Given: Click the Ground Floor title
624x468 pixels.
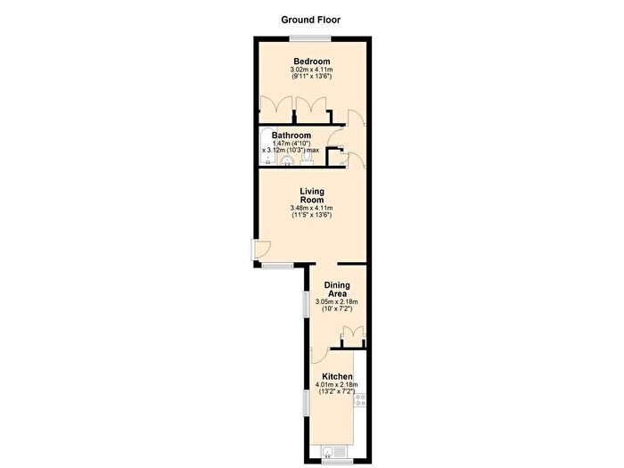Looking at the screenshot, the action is point(311,20).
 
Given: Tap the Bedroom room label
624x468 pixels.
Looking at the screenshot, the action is point(312,62).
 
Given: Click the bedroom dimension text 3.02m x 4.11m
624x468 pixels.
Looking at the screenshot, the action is point(312,70).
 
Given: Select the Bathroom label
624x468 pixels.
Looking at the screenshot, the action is point(291,135).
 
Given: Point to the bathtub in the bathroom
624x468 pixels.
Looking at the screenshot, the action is point(267,147).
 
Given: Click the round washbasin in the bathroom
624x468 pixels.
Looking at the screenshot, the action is point(287,160).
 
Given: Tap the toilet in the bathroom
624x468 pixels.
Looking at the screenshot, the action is point(307,159).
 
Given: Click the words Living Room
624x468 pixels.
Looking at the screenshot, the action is point(312,195).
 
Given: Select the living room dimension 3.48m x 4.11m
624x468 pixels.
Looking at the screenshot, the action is point(312,208).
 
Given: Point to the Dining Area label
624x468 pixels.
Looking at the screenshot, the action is point(337,290).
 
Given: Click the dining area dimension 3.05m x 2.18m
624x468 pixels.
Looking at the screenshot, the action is point(337,301).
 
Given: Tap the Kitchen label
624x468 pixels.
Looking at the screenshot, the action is point(337,376).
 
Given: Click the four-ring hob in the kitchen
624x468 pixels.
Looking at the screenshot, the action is point(360,400).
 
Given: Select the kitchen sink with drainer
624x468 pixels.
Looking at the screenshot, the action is point(334,451).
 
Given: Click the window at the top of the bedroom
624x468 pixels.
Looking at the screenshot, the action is point(310,38).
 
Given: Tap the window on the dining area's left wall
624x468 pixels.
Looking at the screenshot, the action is point(307,305).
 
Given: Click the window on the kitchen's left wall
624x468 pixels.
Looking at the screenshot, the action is point(307,403).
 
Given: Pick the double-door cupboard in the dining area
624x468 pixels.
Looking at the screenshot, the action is point(353,337).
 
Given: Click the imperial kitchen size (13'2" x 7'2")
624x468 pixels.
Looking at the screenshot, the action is point(337,391).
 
